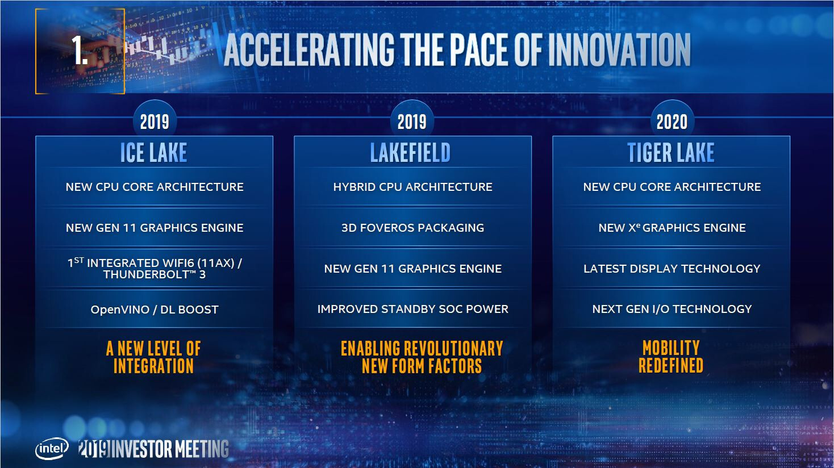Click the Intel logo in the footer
53,449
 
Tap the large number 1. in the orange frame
80,50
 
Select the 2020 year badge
672,122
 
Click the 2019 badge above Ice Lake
155,122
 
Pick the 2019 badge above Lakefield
412,122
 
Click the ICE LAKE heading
154,153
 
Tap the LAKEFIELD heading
411,153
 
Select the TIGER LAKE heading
671,153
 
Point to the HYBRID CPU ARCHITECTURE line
412,187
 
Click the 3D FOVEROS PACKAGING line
412,228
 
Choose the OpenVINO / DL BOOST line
155,310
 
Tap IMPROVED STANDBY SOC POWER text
412,309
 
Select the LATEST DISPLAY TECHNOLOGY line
672,269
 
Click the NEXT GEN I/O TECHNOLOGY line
672,309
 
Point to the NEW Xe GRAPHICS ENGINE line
672,228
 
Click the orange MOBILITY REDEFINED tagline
671,357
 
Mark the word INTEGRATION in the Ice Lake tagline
153,366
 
